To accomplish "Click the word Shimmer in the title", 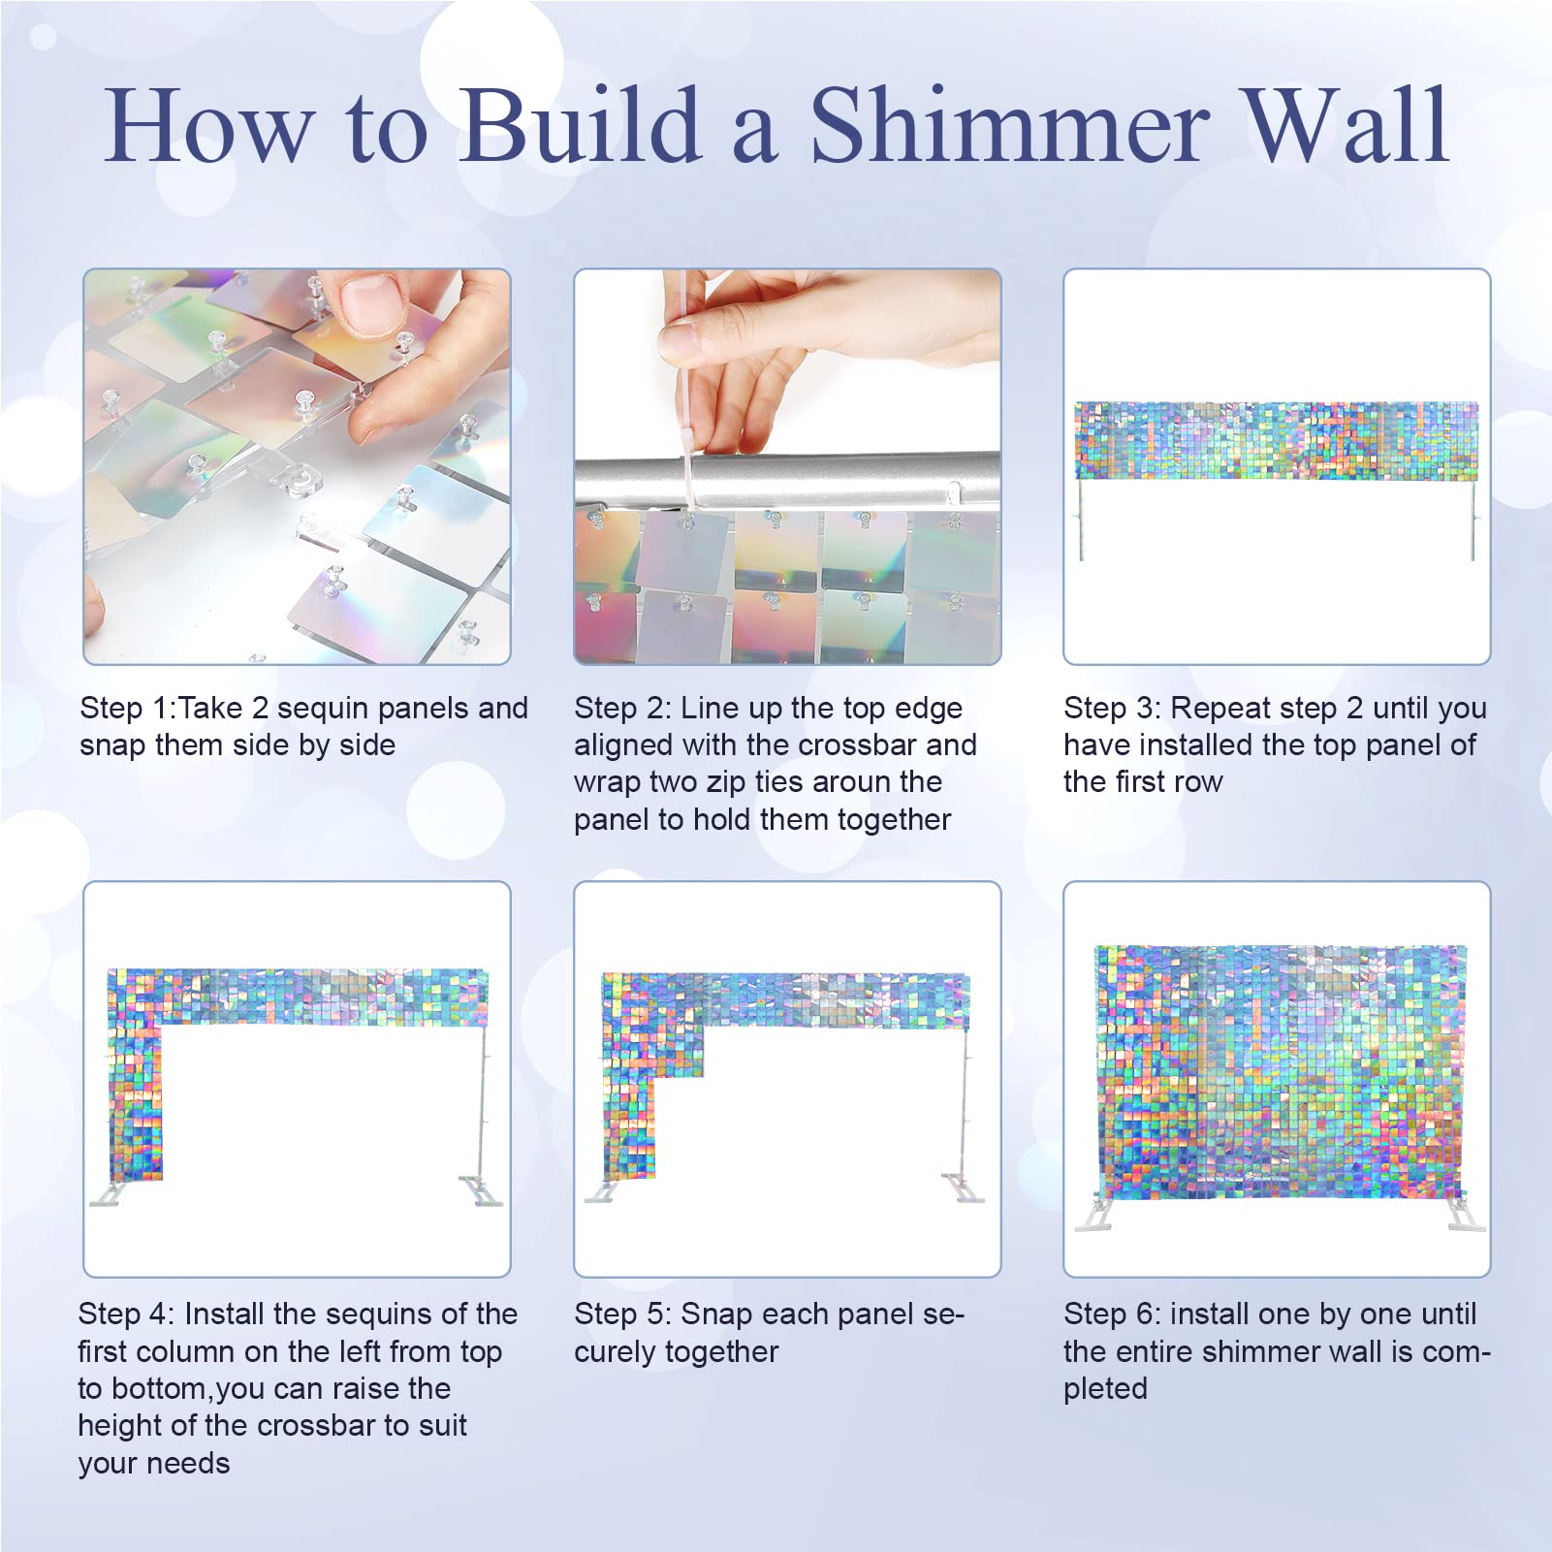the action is [1010, 126].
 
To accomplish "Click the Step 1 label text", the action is [124, 709].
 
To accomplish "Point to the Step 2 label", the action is [621, 709].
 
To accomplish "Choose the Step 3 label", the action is [1111, 709].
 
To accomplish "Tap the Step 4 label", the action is [125, 1314].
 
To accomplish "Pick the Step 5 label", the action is [621, 1314].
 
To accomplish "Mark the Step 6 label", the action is [1111, 1314].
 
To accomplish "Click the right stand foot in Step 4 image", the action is [481, 1190].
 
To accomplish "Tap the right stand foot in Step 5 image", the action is [962, 1188].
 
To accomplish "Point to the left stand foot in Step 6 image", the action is [1095, 1216].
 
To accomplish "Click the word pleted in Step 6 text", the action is [1105, 1390].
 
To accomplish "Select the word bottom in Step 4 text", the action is [160, 1389].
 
